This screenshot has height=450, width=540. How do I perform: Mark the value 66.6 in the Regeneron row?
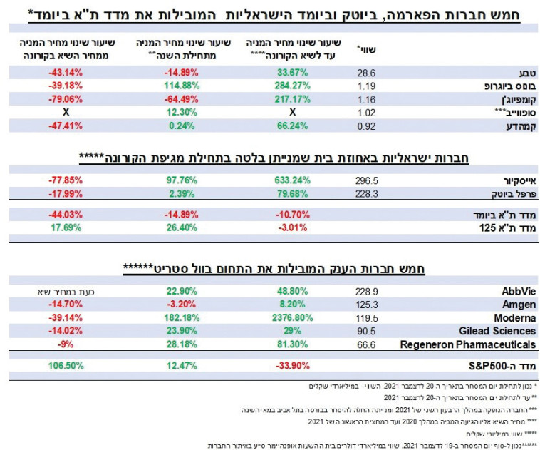click(366, 344)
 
